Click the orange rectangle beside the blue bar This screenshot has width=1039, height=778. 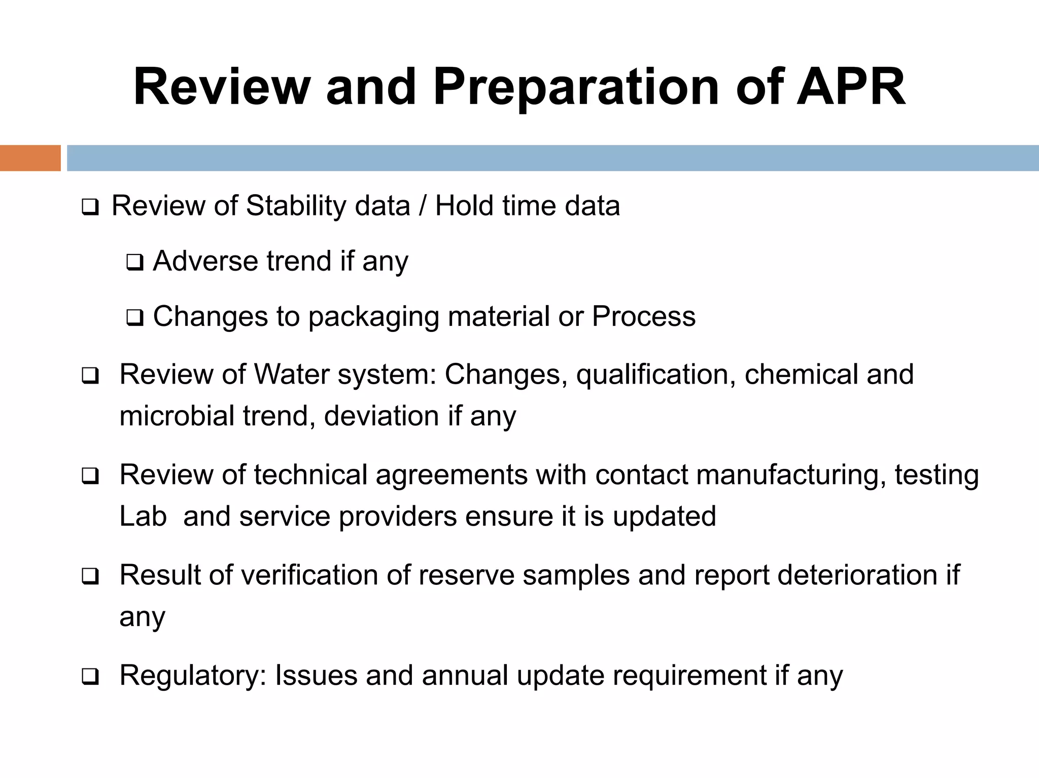(x=30, y=158)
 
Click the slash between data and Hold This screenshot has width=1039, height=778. (x=422, y=206)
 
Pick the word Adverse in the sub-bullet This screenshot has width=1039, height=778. (x=205, y=261)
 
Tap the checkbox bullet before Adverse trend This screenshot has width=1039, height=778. (x=135, y=263)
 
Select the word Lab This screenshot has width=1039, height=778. (x=143, y=516)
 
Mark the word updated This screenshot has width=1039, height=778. (x=664, y=516)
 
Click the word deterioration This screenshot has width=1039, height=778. (x=857, y=575)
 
